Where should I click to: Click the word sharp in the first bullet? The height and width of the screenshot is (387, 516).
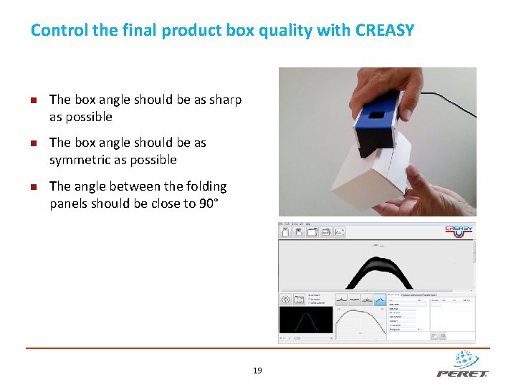tap(225, 100)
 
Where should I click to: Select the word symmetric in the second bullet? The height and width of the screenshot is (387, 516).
tap(78, 160)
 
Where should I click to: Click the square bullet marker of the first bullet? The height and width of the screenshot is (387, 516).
tap(34, 100)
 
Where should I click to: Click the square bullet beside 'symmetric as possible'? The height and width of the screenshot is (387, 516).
tap(34, 143)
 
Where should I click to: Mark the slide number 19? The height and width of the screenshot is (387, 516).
tap(258, 371)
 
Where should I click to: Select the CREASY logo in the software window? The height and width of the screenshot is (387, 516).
tap(459, 231)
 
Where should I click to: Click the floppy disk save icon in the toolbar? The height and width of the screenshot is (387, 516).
tap(298, 232)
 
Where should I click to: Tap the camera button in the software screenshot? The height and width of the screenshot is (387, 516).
tap(285, 300)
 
